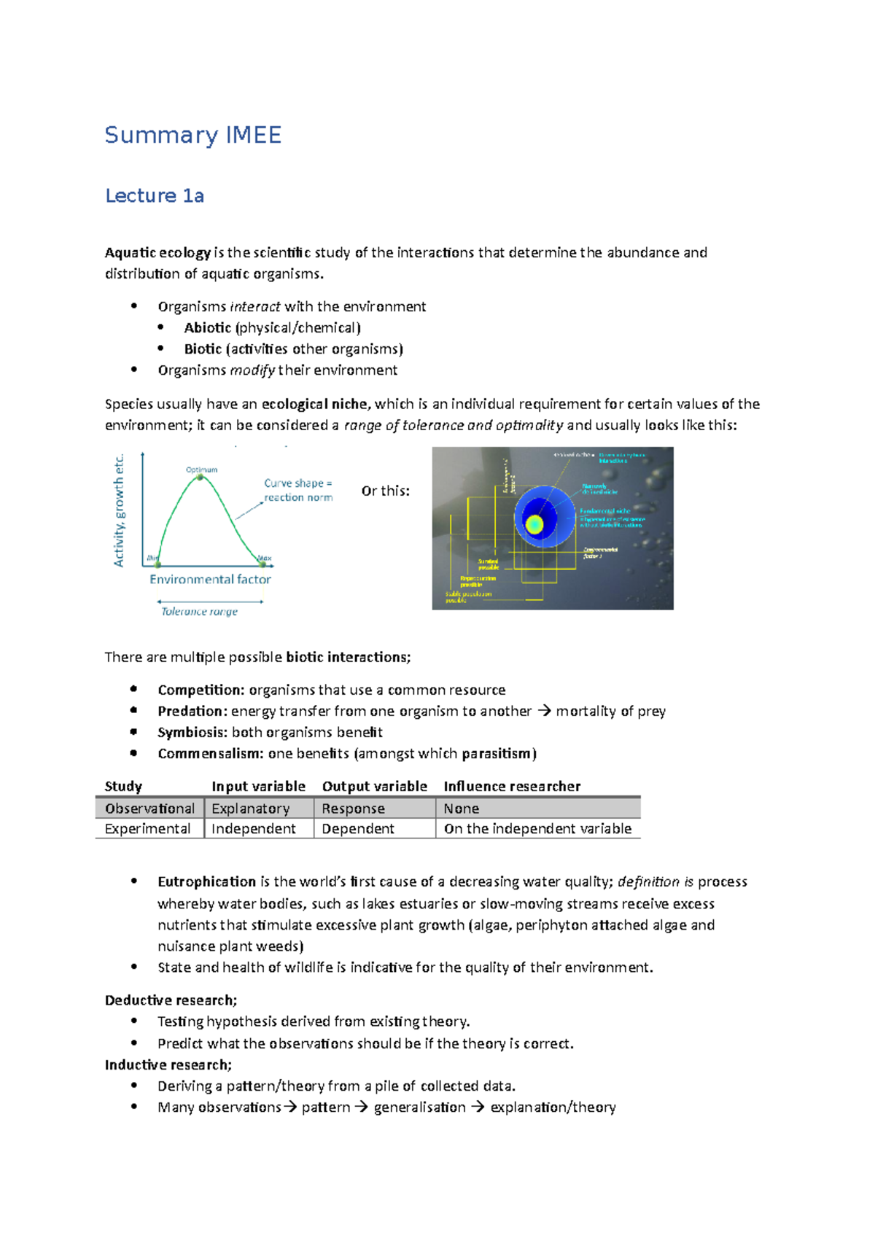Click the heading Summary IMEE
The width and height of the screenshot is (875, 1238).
[x=192, y=136]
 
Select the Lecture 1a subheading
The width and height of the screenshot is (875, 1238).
[x=155, y=195]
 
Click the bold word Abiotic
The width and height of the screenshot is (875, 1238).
[x=207, y=327]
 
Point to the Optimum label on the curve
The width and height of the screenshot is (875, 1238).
[x=201, y=470]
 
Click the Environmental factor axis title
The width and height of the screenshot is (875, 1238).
[x=210, y=579]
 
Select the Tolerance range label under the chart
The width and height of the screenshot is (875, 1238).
[x=199, y=611]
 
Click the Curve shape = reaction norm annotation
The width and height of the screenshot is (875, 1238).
[x=297, y=490]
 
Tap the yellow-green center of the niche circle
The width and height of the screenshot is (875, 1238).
[x=534, y=523]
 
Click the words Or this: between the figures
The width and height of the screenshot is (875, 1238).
[x=385, y=491]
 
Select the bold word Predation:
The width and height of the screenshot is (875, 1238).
[x=192, y=711]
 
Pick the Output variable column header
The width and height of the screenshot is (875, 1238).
[x=374, y=786]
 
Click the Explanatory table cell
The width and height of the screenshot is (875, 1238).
[x=250, y=808]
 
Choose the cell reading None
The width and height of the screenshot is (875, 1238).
[x=461, y=808]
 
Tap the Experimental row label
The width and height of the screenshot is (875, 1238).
[x=147, y=828]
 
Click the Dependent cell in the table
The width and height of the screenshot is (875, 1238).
[x=357, y=828]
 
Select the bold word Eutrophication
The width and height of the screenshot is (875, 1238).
[x=206, y=881]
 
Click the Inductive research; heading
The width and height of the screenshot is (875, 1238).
[x=168, y=1064]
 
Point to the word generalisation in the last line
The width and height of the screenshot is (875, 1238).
[x=419, y=1107]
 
